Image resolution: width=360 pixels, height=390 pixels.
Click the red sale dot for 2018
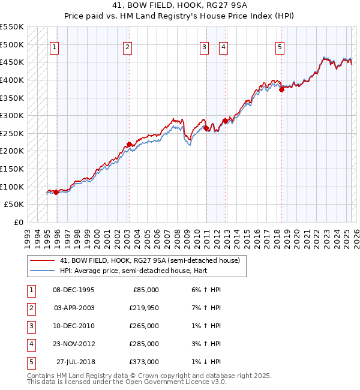coord(281,90)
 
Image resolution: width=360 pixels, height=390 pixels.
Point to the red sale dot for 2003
coord(129,144)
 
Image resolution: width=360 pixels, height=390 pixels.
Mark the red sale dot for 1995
coord(56,192)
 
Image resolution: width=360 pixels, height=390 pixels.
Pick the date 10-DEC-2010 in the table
coord(74,326)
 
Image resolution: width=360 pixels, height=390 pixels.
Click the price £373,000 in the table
coord(145,362)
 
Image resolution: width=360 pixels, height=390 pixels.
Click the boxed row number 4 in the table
coord(31,344)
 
